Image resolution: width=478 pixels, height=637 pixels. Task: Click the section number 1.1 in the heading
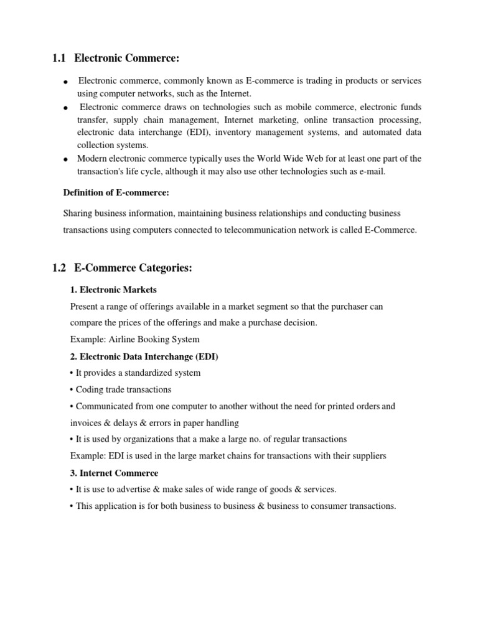[59, 58]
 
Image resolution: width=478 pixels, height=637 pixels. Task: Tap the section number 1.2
[59, 268]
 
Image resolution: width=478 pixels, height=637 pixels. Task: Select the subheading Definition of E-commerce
[116, 192]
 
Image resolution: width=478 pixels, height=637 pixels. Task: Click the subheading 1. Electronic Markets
[113, 289]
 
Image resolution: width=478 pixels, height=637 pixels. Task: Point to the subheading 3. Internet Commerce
[114, 473]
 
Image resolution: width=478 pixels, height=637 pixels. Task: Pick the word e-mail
[371, 172]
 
